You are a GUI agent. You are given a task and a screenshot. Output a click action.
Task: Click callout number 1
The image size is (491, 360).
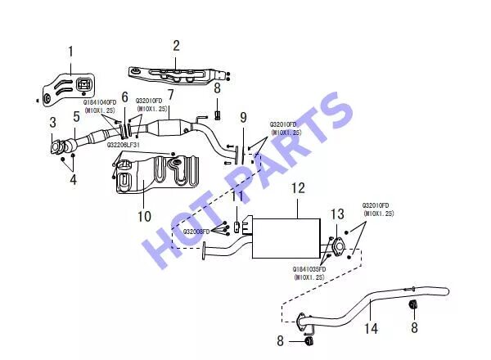point(70,52)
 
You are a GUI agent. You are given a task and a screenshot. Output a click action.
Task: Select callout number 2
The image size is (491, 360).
point(175,45)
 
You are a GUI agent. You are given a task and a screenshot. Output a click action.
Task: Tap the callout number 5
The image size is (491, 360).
point(75,117)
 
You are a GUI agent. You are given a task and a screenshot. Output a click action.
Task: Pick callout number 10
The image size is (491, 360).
point(144,217)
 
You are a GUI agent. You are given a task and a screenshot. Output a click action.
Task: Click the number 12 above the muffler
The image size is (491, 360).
point(298,188)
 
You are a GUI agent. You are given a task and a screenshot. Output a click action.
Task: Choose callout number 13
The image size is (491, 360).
point(337,214)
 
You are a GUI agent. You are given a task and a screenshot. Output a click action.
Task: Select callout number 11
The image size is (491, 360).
point(236,196)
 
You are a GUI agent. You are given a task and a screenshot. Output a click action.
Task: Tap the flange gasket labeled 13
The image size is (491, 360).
point(336,243)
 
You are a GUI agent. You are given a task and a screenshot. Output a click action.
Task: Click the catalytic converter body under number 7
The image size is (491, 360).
point(179,129)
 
